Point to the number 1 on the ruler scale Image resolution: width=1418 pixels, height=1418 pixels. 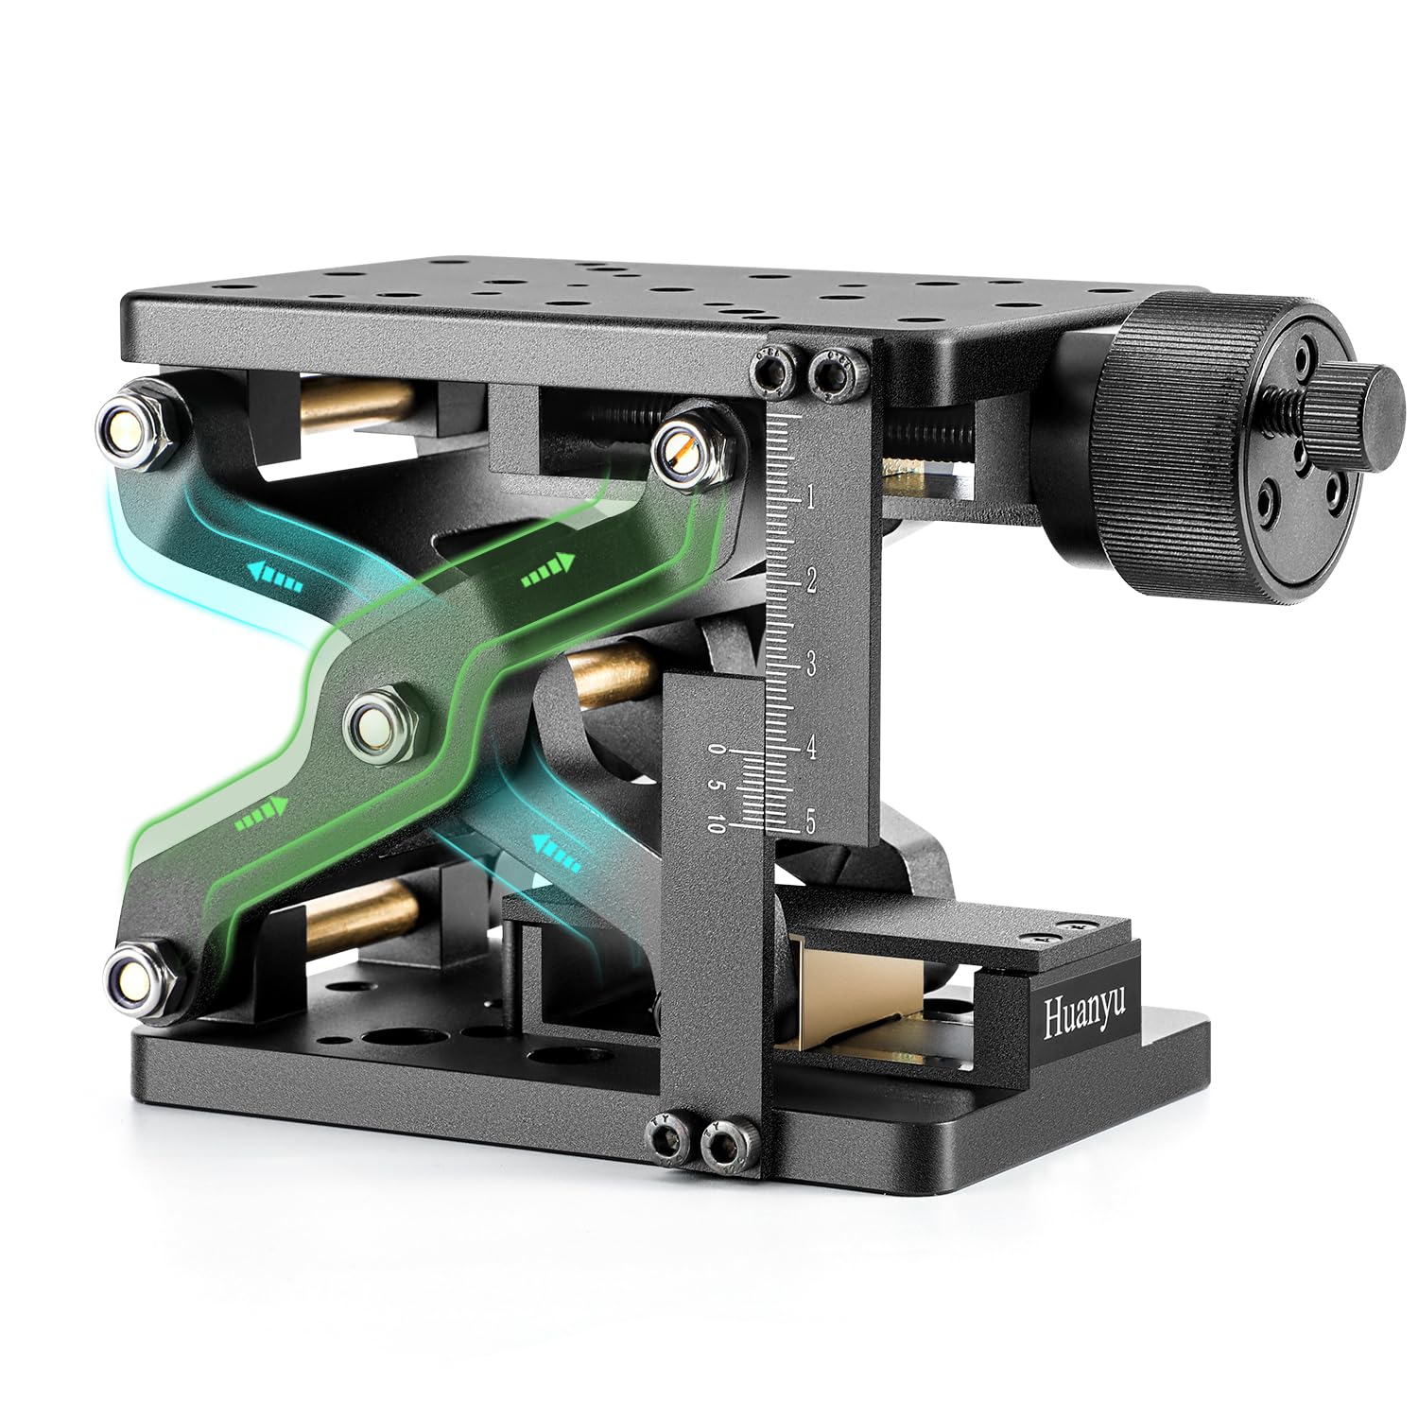809,498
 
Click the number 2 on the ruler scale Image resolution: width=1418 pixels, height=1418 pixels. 810,580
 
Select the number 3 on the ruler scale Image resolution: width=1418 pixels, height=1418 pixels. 810,665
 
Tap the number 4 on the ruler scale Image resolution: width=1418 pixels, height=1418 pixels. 810,748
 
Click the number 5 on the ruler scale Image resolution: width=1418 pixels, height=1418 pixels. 810,821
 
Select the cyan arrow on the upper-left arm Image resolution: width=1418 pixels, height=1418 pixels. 275,576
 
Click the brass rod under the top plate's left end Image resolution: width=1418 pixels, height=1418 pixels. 354,403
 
